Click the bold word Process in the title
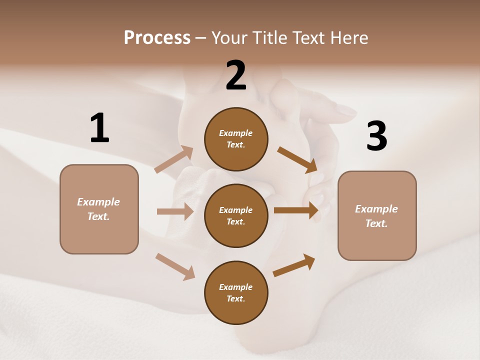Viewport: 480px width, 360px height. click(x=157, y=38)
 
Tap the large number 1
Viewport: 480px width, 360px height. click(x=99, y=128)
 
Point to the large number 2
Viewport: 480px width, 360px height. click(x=236, y=75)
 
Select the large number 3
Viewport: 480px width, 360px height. click(x=376, y=136)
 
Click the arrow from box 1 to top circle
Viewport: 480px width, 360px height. click(x=173, y=159)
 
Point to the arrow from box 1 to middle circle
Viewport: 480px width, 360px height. click(x=174, y=211)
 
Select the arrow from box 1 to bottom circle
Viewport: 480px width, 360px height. click(x=175, y=266)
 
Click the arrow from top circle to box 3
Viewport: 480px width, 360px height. click(x=297, y=159)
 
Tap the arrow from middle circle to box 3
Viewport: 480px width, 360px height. click(x=295, y=210)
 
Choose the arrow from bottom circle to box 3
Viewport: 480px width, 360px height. click(x=294, y=265)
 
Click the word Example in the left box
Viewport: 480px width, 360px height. click(x=98, y=202)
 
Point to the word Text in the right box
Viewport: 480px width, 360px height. click(x=375, y=223)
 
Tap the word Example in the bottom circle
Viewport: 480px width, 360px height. click(x=235, y=287)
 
